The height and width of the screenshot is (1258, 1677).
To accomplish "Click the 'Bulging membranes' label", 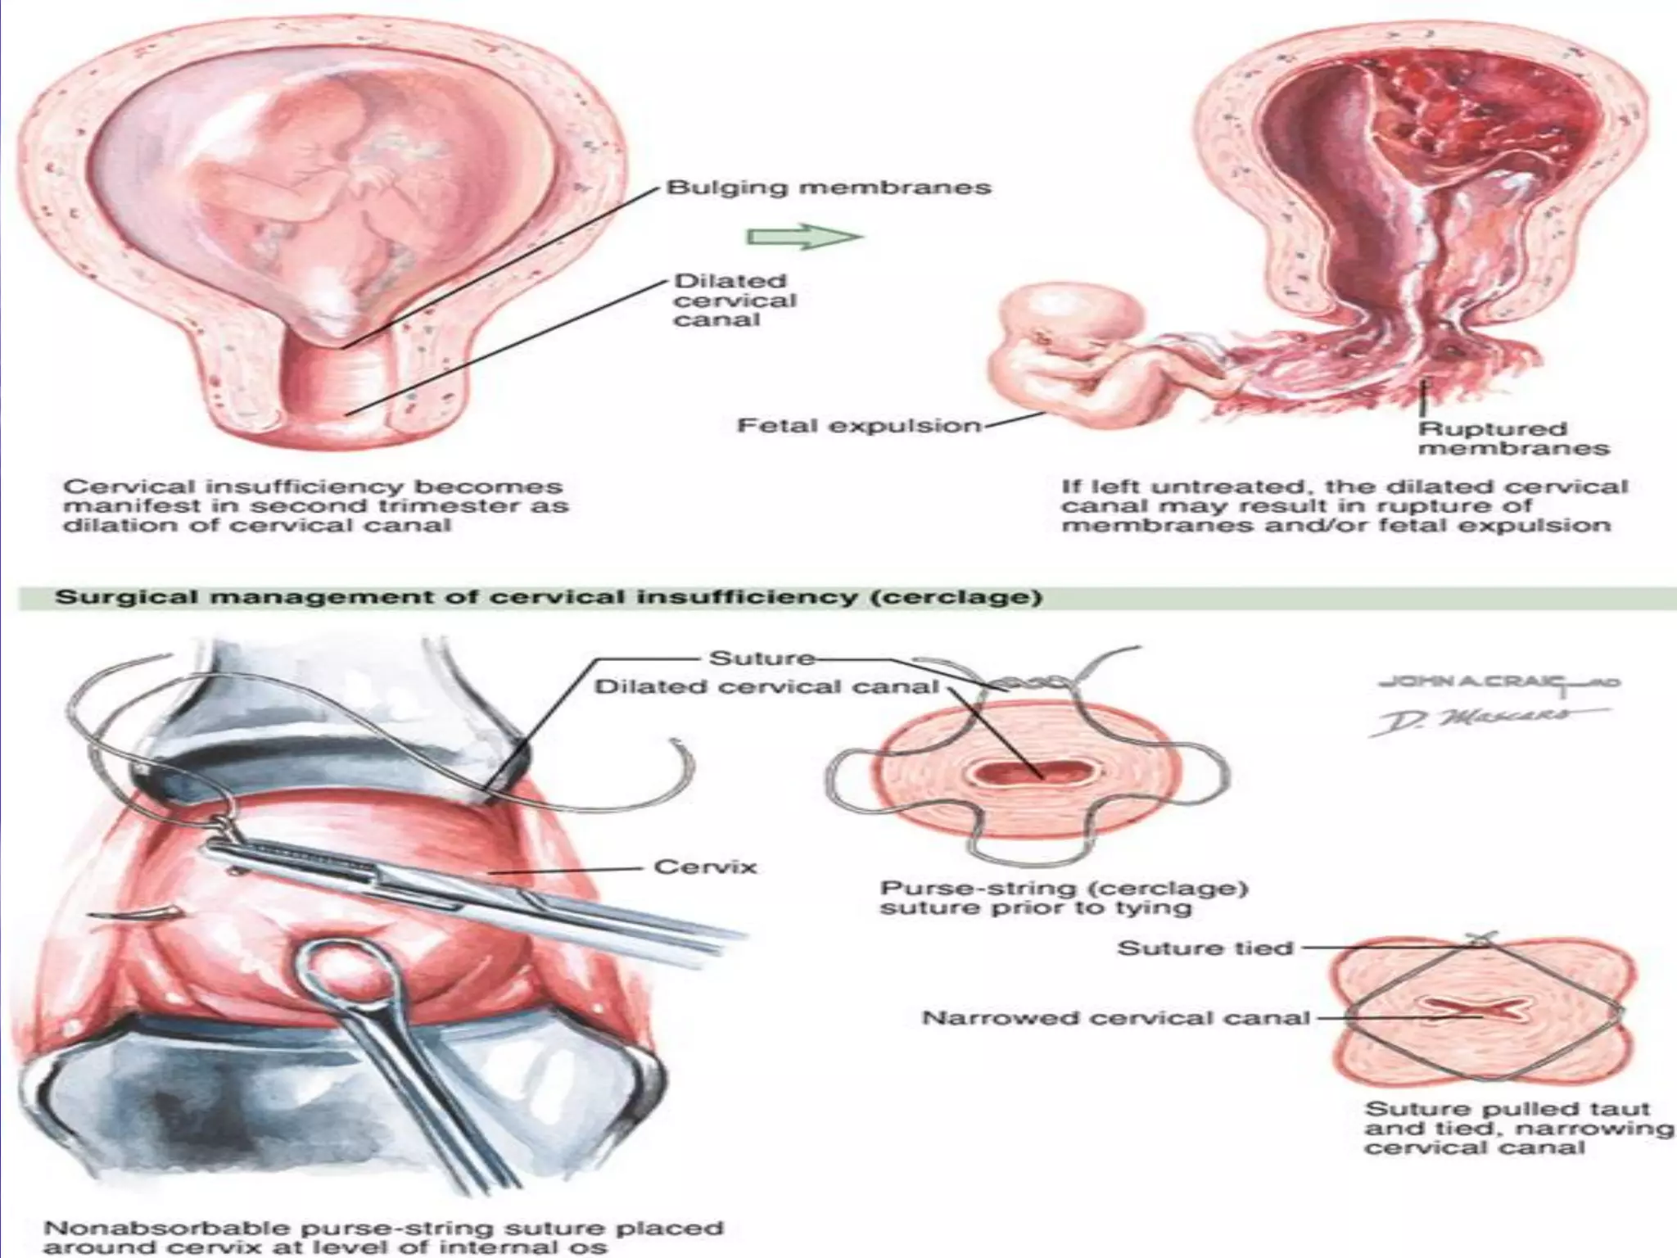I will [x=829, y=188].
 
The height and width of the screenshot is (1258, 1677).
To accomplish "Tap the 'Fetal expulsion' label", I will [x=858, y=426].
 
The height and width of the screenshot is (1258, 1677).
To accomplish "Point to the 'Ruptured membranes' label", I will [x=1513, y=438].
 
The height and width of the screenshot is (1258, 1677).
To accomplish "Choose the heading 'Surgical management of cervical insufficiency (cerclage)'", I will [x=548, y=597].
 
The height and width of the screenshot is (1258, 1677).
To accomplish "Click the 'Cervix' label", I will [x=704, y=867].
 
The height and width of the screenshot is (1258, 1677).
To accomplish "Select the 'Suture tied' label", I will [x=1205, y=948].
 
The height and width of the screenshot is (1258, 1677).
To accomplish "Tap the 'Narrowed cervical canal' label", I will [x=1114, y=1018].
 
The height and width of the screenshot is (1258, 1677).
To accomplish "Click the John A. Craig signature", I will [x=1498, y=682].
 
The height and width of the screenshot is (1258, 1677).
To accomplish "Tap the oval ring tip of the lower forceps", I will [x=348, y=983].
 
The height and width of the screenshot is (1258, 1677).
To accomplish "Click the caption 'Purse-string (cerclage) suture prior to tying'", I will [x=1062, y=898].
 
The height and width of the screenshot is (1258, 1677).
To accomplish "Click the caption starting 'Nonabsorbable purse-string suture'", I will [x=383, y=1238].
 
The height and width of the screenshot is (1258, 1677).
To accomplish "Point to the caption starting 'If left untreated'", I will [x=1344, y=505].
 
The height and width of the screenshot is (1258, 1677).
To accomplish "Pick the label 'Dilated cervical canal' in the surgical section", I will [x=766, y=686].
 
